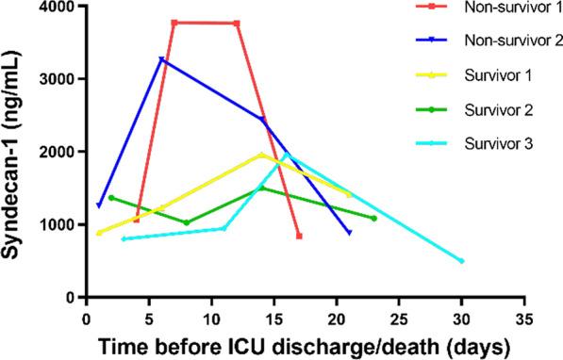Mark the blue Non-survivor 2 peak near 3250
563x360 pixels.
[161, 59]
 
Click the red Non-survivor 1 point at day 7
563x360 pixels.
[174, 22]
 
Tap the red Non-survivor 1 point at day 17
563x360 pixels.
[299, 236]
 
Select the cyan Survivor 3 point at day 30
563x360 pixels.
[461, 261]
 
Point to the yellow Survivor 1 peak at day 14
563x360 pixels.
[261, 155]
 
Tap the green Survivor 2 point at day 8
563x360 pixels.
[187, 222]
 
